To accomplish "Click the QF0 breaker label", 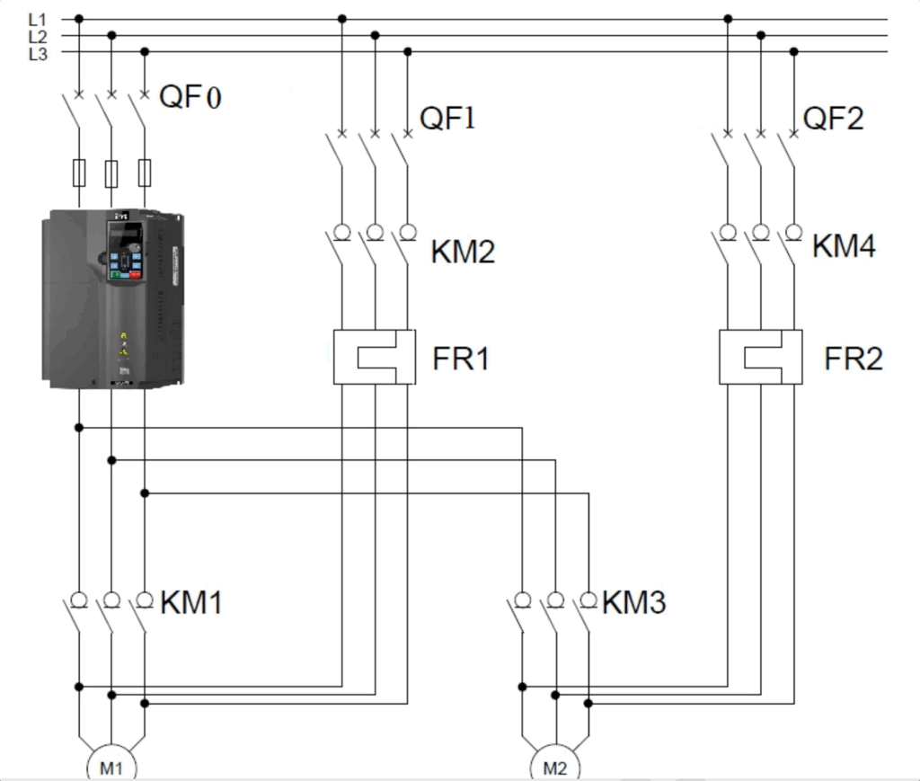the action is click(x=190, y=97).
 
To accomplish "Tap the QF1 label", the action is click(x=447, y=118).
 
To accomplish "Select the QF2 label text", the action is click(x=833, y=118).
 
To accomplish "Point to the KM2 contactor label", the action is click(x=463, y=251).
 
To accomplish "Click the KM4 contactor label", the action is click(x=844, y=246).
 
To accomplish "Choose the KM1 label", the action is click(x=191, y=602).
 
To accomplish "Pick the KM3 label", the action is click(x=634, y=602).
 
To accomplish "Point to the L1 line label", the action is click(x=38, y=20).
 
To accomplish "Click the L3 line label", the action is click(x=38, y=54).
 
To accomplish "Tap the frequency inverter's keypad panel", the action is click(x=126, y=251).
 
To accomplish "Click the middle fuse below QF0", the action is click(x=111, y=173).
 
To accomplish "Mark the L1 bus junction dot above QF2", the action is click(x=728, y=19).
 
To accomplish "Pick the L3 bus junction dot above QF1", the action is click(x=408, y=51).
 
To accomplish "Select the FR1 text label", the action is click(x=461, y=358).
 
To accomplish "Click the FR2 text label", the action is click(x=854, y=358).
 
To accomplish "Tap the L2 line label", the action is click(x=38, y=37).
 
